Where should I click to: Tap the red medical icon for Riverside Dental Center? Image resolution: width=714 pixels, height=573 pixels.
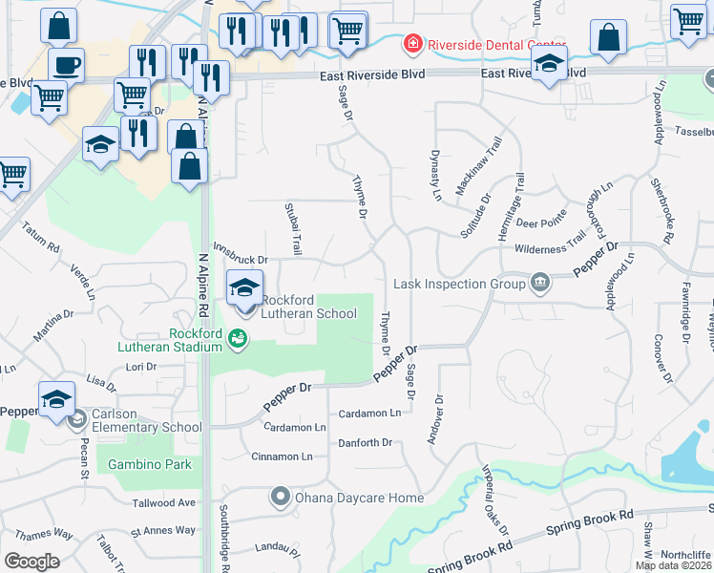click(x=411, y=44)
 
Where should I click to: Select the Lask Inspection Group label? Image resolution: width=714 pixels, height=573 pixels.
click(x=460, y=284)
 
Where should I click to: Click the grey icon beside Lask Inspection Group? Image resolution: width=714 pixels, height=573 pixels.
click(x=540, y=283)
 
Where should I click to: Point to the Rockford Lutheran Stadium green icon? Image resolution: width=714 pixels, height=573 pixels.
click(x=236, y=337)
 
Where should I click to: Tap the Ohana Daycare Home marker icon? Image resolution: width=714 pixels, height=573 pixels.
click(x=280, y=497)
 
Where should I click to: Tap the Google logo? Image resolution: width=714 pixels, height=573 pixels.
click(x=31, y=561)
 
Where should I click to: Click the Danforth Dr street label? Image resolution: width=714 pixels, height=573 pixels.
click(x=365, y=443)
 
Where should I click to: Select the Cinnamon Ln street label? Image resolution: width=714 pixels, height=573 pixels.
click(x=281, y=456)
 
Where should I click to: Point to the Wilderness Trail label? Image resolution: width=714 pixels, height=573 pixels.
click(x=550, y=247)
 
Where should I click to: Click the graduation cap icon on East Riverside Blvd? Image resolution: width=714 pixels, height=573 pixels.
click(x=549, y=65)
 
